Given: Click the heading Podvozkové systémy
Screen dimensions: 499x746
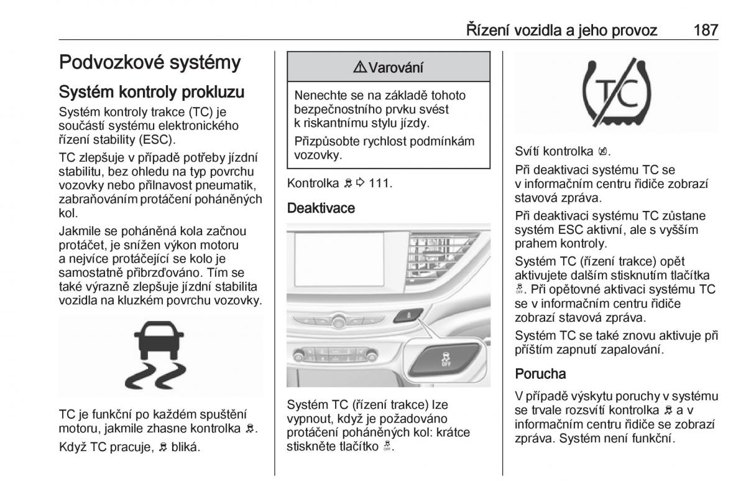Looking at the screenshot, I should pyautogui.click(x=150, y=62).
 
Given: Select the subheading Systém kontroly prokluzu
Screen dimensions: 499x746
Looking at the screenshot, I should pyautogui.click(x=152, y=92).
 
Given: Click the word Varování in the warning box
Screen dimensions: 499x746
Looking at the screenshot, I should pyautogui.click(x=396, y=68).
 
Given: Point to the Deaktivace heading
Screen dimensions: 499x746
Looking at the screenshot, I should pyautogui.click(x=321, y=208).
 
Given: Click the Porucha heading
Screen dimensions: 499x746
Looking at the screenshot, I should pyautogui.click(x=540, y=374).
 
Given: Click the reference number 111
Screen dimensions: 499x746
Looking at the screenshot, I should pyautogui.click(x=382, y=184).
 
